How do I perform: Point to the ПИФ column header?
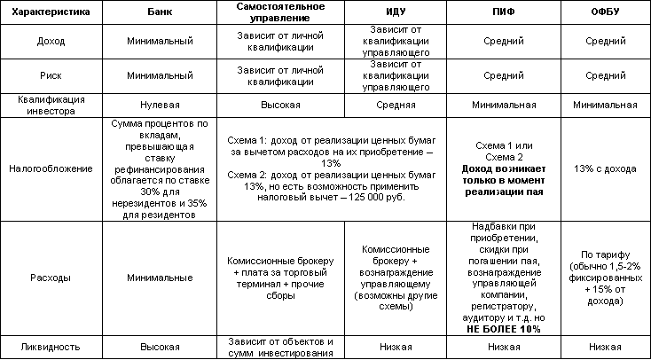[x=503, y=12]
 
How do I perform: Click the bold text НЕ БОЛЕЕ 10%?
[x=503, y=328]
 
